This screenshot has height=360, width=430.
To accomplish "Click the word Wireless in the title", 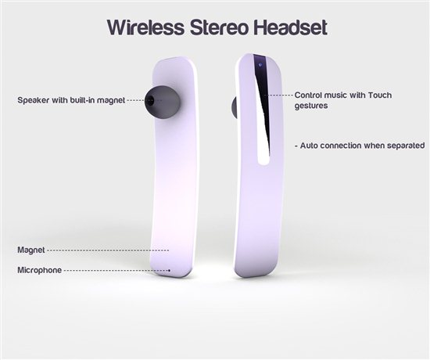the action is click(x=146, y=27).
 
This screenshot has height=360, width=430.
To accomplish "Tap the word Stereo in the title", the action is click(x=220, y=27).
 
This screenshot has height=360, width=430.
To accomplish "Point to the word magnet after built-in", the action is click(x=111, y=100).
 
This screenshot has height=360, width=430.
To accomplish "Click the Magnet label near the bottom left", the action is click(x=31, y=250).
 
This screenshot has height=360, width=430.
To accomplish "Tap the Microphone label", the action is click(x=40, y=270).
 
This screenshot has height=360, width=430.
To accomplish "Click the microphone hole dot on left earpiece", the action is click(x=170, y=271).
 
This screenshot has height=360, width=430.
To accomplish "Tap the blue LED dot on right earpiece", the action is click(x=260, y=65).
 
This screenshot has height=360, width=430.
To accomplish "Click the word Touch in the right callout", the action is click(x=379, y=95).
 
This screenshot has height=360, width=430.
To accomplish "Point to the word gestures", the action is click(x=311, y=106).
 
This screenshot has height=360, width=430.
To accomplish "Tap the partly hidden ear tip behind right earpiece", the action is click(x=235, y=107).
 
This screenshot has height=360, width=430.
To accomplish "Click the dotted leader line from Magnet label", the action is click(x=108, y=250).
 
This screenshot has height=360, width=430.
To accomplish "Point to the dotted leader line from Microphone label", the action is click(x=116, y=271).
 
